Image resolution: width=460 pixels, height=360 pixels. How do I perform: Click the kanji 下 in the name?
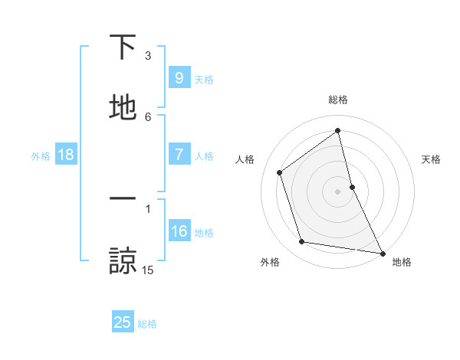[x=123, y=48]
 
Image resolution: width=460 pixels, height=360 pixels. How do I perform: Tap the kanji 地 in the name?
[x=123, y=108]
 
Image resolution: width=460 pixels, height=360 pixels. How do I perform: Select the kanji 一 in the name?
[x=123, y=200]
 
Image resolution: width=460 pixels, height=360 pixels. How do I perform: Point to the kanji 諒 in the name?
[x=123, y=260]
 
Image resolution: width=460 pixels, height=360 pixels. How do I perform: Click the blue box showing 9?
[x=179, y=78]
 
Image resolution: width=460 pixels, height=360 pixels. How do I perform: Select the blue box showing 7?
[x=179, y=155]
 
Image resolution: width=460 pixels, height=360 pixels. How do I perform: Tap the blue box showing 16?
[x=179, y=231]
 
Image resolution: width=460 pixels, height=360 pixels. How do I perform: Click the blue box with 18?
[x=66, y=155]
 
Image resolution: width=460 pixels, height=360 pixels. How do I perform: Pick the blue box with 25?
[x=123, y=322]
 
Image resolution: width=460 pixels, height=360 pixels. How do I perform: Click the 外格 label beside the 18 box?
[x=41, y=156]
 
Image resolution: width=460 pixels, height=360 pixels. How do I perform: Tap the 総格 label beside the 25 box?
[x=147, y=324]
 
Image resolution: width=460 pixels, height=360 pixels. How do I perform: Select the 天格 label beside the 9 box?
[x=204, y=80]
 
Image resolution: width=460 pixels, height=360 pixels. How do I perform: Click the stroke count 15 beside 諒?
[x=148, y=270]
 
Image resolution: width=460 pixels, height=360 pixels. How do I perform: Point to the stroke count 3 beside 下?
[x=148, y=56]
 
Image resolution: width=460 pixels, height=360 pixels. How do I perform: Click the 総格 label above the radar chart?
[x=338, y=100]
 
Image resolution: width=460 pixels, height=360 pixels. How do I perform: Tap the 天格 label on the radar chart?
[x=431, y=159]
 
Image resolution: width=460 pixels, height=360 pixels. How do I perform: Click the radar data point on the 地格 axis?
[x=382, y=253]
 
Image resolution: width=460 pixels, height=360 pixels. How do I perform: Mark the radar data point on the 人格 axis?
[x=280, y=172]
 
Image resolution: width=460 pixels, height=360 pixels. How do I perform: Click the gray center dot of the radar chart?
[x=337, y=191]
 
